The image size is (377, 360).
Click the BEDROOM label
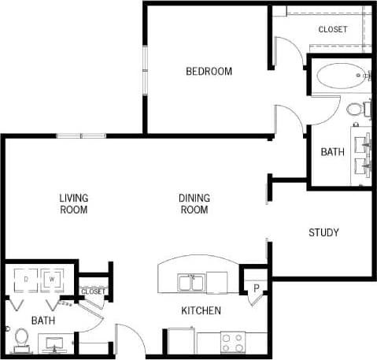[x=209, y=72]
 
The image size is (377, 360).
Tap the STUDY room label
[x=323, y=232]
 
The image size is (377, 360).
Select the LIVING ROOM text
[x=73, y=204]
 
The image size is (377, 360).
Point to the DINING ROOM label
[x=194, y=204]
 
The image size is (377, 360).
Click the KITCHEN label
[x=201, y=311]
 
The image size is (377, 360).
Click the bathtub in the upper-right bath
[x=342, y=78]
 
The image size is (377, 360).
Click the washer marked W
[x=53, y=280]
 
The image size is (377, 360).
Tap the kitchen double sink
[x=192, y=281]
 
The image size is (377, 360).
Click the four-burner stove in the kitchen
[x=232, y=343]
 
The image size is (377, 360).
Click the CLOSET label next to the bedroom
[x=333, y=30]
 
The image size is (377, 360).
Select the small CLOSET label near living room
[x=93, y=291]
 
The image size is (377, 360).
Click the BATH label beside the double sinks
[x=332, y=152]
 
